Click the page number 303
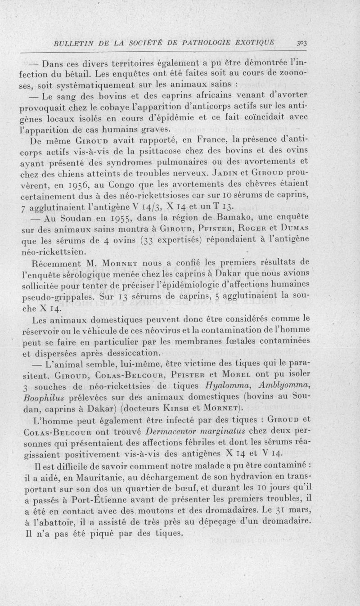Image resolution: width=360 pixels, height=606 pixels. click(301, 43)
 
